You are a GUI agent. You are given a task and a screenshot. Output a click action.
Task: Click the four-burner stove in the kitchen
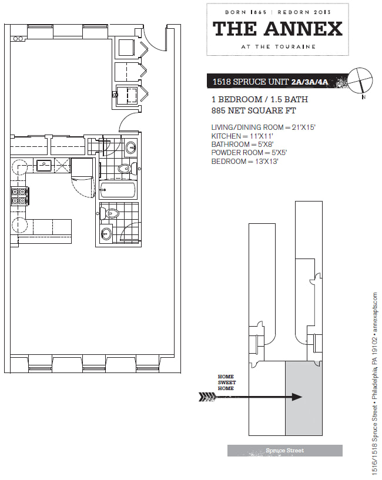[x=19, y=196]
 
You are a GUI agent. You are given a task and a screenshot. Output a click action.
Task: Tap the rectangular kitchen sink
[x=45, y=166]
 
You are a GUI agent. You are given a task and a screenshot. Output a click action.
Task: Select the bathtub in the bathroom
[x=118, y=190]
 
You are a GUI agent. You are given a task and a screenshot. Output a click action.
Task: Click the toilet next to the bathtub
[x=126, y=169]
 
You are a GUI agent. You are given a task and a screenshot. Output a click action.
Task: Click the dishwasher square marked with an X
[x=62, y=166]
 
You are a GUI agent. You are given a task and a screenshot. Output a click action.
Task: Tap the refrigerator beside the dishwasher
[x=82, y=169]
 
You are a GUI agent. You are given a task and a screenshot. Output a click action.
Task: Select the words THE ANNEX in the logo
[x=277, y=29]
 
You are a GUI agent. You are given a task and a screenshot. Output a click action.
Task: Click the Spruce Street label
[x=285, y=451]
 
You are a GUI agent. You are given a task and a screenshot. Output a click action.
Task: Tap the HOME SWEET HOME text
[x=227, y=382]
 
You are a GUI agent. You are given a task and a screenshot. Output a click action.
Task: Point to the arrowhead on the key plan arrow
[x=297, y=397]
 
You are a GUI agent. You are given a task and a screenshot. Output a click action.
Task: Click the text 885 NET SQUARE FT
[x=254, y=110]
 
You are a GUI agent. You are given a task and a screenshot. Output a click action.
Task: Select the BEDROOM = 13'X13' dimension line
[x=244, y=162]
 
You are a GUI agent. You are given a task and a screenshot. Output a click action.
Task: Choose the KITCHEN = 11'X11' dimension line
[x=242, y=136]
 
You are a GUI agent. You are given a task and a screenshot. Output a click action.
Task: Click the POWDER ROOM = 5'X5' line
[x=249, y=153]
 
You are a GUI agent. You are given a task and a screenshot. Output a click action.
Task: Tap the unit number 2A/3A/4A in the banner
[x=310, y=82]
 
